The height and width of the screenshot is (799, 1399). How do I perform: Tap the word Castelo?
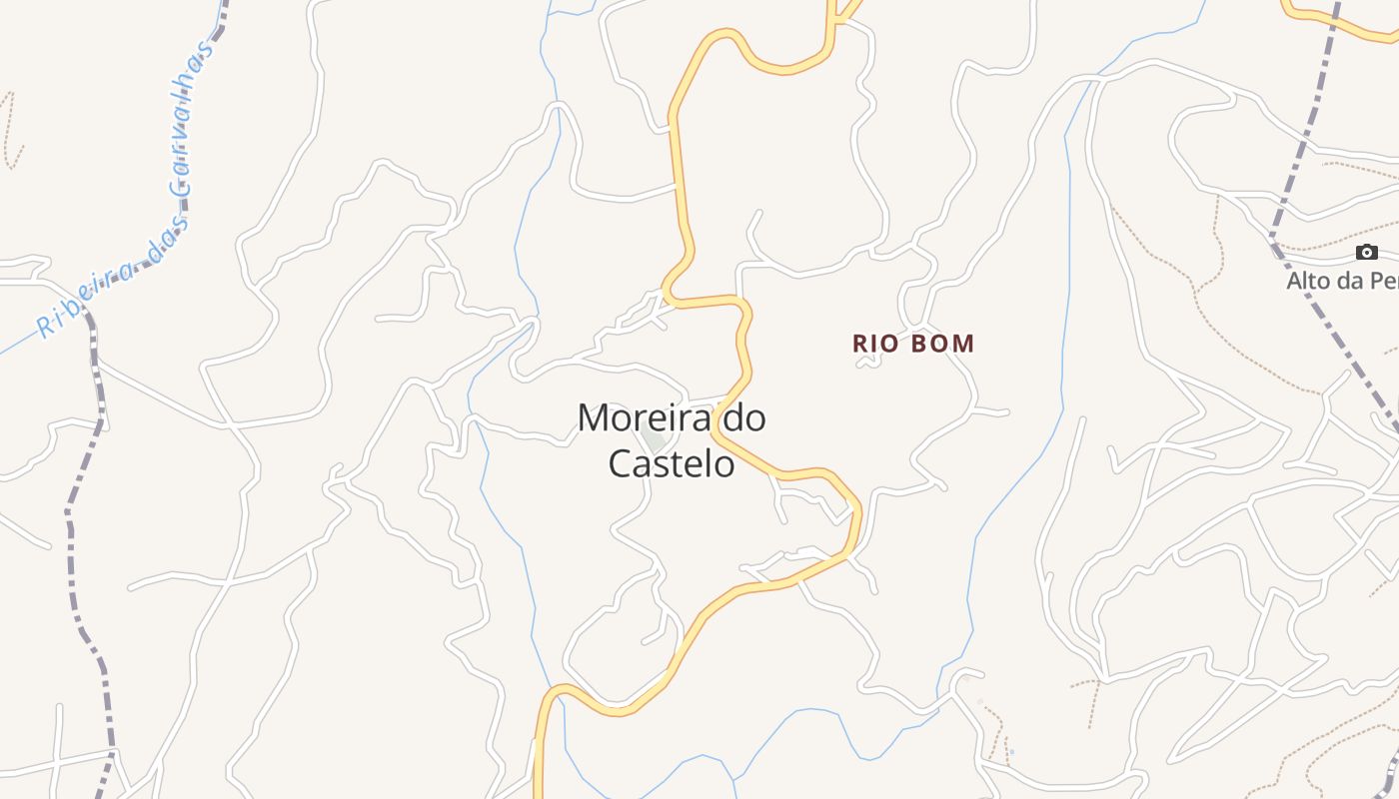pyautogui.click(x=672, y=464)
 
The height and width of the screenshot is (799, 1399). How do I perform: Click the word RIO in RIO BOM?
pyautogui.click(x=874, y=344)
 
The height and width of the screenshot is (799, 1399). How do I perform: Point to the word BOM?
pyautogui.click(x=942, y=344)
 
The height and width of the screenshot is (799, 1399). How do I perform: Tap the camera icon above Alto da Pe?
pyautogui.click(x=1366, y=253)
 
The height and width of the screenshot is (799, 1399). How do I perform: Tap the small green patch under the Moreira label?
pyautogui.click(x=655, y=440)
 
